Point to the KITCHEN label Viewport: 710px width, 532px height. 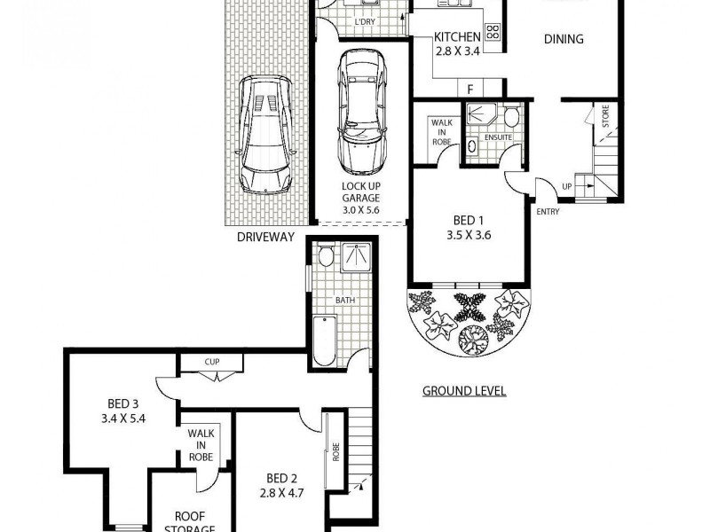[x=457, y=37]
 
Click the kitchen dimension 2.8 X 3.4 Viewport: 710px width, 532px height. [x=457, y=51]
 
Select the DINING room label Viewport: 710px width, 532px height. [x=564, y=38]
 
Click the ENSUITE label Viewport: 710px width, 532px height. [x=499, y=138]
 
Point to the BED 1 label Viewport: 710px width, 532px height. [x=469, y=221]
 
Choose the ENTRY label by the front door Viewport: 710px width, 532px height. [x=548, y=211]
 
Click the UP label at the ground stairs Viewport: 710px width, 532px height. [x=567, y=187]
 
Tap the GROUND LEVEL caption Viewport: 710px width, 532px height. [x=463, y=391]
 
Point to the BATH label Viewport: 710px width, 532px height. [x=344, y=300]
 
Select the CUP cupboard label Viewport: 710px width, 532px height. [x=211, y=362]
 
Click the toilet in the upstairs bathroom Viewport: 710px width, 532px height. [x=326, y=258]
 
